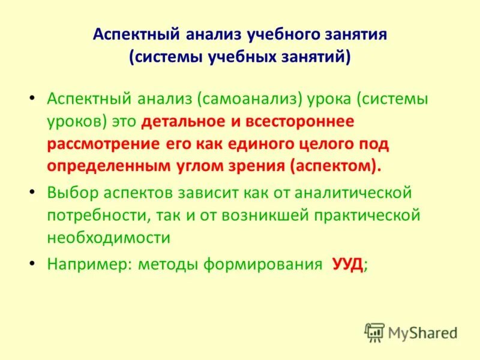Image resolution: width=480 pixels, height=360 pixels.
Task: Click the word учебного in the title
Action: pyautogui.click(x=281, y=34)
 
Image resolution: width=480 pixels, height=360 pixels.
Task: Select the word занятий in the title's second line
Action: pyautogui.click(x=316, y=58)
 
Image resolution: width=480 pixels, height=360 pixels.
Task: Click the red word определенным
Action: pyautogui.click(x=95, y=166)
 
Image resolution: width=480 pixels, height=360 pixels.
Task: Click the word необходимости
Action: pyautogui.click(x=109, y=238)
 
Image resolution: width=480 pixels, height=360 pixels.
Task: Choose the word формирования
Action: pyautogui.click(x=262, y=265)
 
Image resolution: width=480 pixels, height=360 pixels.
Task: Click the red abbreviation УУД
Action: pyautogui.click(x=347, y=265)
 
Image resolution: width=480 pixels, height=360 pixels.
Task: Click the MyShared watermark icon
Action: pyautogui.click(x=374, y=332)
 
